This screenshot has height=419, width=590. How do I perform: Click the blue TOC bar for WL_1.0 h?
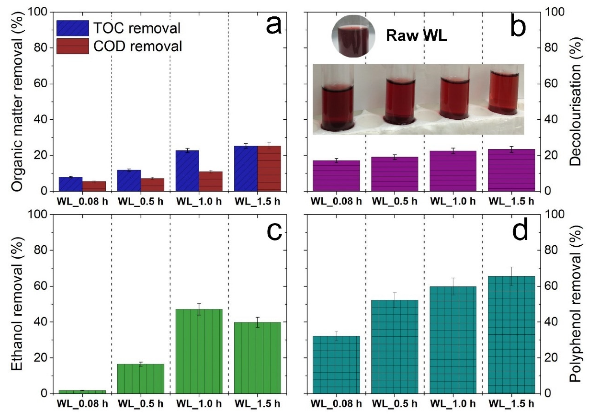coord(187,171)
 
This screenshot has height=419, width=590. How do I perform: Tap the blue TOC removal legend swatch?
coord(73,28)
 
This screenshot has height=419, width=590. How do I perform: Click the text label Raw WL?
coord(416,36)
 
